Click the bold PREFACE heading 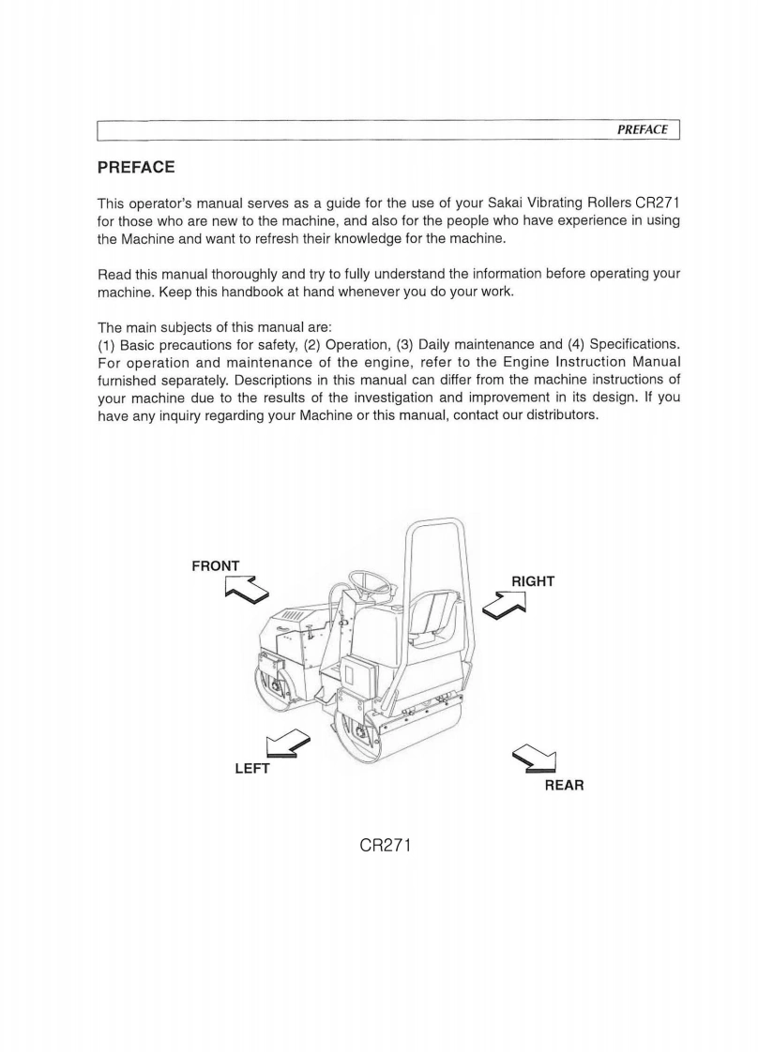click(136, 168)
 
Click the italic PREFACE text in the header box click(643, 129)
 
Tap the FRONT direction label click(216, 565)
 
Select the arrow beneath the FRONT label click(247, 590)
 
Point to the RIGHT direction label click(532, 581)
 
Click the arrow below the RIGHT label click(504, 607)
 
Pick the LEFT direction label click(251, 769)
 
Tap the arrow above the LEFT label click(285, 744)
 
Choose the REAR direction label click(564, 785)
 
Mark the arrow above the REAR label click(537, 760)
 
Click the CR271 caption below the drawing click(387, 845)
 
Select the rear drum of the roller click(375, 736)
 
